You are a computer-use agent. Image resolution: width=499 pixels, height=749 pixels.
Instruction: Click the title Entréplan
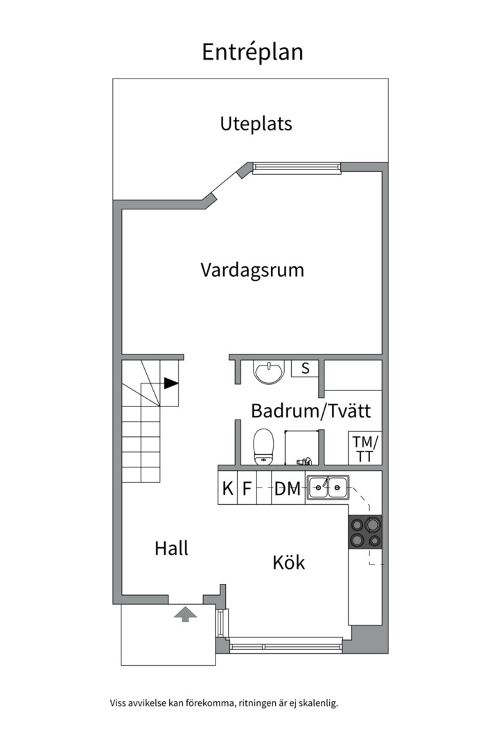(252, 53)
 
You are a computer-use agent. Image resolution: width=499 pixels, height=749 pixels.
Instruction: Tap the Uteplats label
(256, 124)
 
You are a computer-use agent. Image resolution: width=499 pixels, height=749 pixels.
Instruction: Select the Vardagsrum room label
(252, 269)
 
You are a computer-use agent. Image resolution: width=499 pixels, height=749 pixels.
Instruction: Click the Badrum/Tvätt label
(310, 411)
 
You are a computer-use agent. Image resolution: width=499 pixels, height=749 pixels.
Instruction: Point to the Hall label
(171, 548)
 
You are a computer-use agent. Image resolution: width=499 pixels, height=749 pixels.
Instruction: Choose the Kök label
(288, 562)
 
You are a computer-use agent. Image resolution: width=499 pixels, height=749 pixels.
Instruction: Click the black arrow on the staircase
(171, 382)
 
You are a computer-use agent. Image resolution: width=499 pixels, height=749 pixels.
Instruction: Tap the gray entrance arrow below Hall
(184, 614)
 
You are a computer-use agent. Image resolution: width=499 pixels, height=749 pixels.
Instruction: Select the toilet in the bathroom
(263, 446)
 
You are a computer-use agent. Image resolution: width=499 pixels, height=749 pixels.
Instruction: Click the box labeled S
(305, 368)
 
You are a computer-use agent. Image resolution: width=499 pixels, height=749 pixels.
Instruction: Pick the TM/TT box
(365, 449)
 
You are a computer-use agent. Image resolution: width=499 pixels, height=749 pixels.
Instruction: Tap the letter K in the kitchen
(227, 489)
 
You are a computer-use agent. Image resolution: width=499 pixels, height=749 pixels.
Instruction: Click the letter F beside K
(246, 489)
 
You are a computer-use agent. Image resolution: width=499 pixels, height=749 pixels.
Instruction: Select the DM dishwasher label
(288, 489)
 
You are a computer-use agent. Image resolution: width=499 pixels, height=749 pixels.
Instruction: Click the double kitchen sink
(328, 488)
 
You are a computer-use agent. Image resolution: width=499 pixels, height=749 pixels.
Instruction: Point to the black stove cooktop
(365, 533)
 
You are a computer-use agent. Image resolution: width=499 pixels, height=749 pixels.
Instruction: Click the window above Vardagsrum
(296, 167)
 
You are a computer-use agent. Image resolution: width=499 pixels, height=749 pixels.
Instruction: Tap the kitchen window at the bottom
(286, 646)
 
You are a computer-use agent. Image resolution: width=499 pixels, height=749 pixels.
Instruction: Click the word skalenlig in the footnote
(317, 703)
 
